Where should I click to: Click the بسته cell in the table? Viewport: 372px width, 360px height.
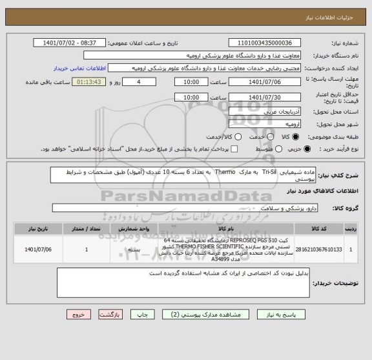click(x=134, y=248)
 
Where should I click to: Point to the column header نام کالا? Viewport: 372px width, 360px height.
click(x=226, y=229)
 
